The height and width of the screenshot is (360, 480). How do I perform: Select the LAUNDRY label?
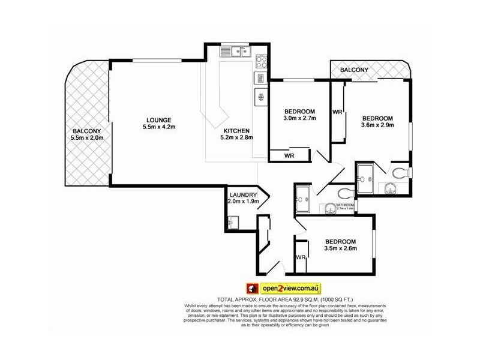pyautogui.click(x=242, y=194)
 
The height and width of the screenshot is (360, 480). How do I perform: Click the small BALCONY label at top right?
pyautogui.click(x=354, y=70)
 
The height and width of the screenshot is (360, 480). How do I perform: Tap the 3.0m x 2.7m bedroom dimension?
pyautogui.click(x=299, y=118)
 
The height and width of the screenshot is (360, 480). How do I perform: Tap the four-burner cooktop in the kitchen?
pyautogui.click(x=262, y=61)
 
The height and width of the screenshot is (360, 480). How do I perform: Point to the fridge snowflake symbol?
pyautogui.click(x=261, y=97)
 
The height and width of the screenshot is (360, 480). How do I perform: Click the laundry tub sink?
pyautogui.click(x=234, y=223)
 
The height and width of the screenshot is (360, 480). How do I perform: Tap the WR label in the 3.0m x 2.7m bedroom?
pyautogui.click(x=289, y=156)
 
